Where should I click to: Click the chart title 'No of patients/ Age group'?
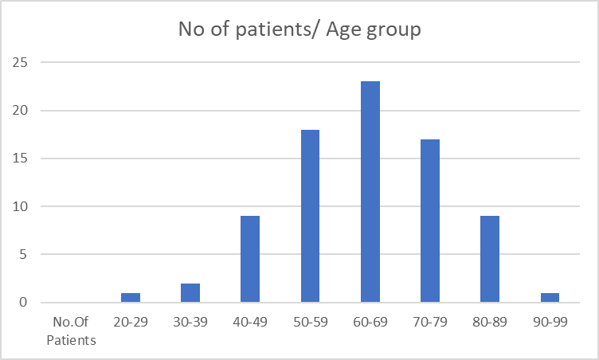pos(299,29)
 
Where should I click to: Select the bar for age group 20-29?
pos(131,298)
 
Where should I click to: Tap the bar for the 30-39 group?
pos(190,293)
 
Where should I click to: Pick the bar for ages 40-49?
pos(250,259)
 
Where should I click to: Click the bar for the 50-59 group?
pos(310,216)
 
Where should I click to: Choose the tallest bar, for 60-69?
pos(370,192)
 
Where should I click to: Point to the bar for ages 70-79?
pos(430,221)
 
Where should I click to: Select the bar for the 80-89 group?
pos(490,259)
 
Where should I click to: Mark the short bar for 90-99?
pos(550,298)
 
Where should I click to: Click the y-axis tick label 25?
pos(20,62)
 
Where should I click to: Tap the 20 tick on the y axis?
pos(20,111)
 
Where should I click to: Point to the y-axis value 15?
pos(20,158)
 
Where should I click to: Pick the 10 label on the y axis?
pos(20,206)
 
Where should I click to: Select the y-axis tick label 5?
pos(24,254)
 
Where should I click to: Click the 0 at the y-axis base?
pos(24,303)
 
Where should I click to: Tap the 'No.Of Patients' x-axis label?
pos(71,331)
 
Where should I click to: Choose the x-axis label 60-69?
pos(370,322)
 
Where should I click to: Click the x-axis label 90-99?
pos(550,322)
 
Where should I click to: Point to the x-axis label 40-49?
pos(250,322)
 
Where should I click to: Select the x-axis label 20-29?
pos(131,322)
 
